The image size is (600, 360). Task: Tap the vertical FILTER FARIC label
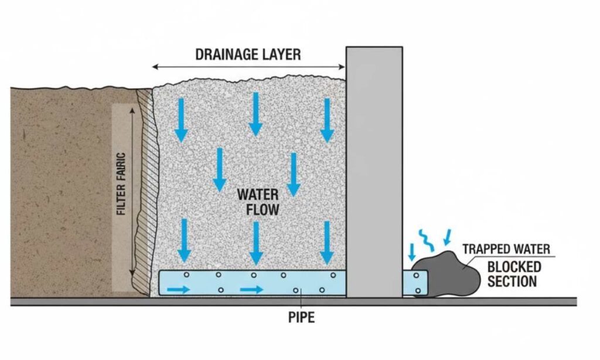pos(121,184)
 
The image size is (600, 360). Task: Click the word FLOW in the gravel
pos(258,208)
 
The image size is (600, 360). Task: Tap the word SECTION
pos(512,281)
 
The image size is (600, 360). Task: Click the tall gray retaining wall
pos(374,170)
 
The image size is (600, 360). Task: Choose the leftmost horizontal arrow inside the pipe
pos(179,289)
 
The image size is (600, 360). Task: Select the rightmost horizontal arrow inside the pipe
pos(251,289)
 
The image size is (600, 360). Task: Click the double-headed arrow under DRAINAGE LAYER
pos(248,67)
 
